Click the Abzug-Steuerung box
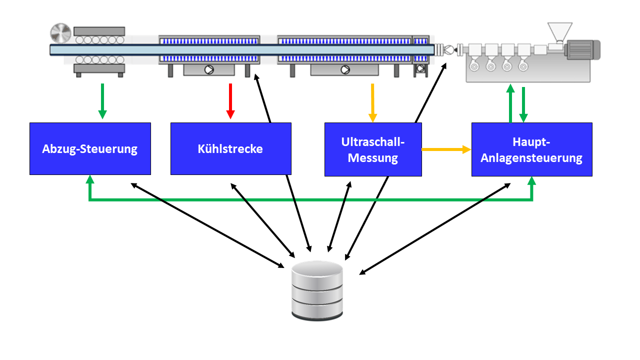(90, 148)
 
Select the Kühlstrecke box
(230, 148)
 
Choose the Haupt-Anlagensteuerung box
(531, 149)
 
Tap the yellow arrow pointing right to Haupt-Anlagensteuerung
(446, 149)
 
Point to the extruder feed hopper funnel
(559, 31)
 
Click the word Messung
(373, 158)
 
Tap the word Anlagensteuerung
(531, 158)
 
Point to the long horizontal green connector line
(310, 200)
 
